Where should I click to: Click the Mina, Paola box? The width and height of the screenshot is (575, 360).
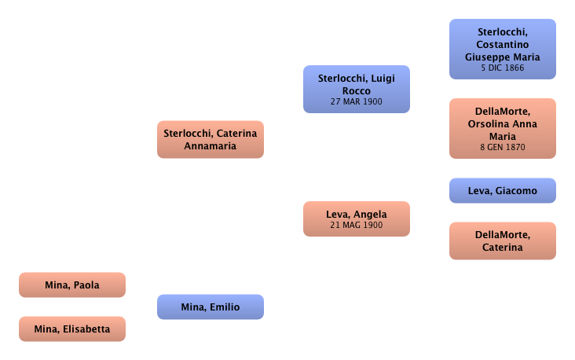tap(73, 285)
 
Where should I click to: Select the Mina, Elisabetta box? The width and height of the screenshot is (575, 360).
tap(73, 329)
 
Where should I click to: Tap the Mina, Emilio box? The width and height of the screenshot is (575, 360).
tap(211, 307)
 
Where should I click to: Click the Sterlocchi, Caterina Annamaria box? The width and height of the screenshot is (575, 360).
tap(210, 139)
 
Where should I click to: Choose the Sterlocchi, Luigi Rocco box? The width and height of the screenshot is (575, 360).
tap(356, 89)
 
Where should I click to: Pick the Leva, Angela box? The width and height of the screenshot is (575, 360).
tap(356, 219)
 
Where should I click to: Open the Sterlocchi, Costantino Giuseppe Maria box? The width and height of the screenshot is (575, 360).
tap(502, 50)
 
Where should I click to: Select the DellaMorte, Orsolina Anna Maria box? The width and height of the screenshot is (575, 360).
tap(502, 125)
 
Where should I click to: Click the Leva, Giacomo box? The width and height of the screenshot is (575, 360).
tap(502, 191)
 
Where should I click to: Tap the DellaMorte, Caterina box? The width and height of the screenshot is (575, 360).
tap(502, 241)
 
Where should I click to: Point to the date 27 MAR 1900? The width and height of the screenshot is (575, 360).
tap(356, 102)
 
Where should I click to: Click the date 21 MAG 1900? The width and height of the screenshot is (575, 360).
tap(356, 226)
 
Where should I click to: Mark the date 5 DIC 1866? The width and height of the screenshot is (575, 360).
tap(502, 68)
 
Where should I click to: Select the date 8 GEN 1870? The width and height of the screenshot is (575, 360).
tap(502, 147)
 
